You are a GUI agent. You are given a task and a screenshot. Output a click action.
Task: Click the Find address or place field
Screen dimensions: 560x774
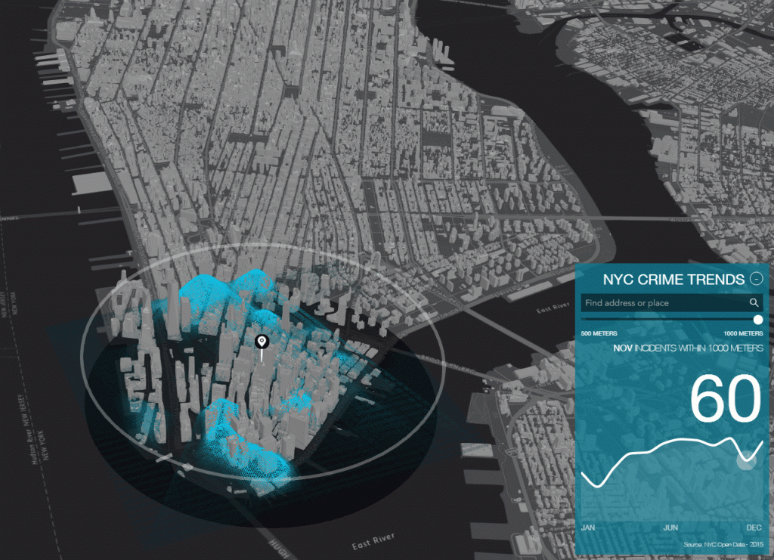click(x=664, y=303)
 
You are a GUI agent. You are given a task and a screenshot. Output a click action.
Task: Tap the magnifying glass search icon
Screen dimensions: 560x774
click(x=754, y=303)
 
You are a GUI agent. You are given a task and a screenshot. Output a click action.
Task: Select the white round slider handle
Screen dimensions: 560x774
click(x=758, y=320)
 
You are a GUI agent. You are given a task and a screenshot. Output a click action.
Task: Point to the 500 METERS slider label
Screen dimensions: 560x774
click(x=599, y=333)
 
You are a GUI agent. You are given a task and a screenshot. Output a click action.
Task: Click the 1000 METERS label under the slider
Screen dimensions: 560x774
click(x=743, y=333)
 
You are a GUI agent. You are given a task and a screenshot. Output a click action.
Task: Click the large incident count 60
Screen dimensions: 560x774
click(x=725, y=400)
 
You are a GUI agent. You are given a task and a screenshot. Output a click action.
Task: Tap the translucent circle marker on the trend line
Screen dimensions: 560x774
click(x=746, y=460)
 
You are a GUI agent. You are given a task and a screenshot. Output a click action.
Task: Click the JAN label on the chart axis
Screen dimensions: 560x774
click(x=588, y=528)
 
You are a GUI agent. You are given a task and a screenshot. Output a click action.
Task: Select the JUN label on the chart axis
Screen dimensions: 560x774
click(x=670, y=528)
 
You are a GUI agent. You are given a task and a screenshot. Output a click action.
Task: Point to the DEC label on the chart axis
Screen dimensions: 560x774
click(x=754, y=528)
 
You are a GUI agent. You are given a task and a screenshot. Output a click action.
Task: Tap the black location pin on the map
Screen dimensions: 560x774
click(x=262, y=344)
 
